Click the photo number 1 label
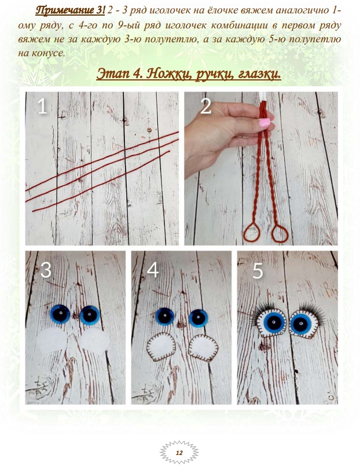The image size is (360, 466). click(x=42, y=107)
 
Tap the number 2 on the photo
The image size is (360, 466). click(x=206, y=106)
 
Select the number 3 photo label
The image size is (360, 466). click(x=46, y=270)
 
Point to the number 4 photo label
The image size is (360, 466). click(x=152, y=270)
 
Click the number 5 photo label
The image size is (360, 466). click(x=258, y=271)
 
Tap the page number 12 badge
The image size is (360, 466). click(x=179, y=453)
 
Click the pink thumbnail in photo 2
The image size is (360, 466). click(x=264, y=123)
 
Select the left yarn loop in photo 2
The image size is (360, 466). click(x=252, y=232)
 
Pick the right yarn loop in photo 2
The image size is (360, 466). click(x=280, y=234)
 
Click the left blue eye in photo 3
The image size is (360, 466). click(x=60, y=314)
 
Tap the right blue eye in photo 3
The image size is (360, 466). click(x=89, y=315)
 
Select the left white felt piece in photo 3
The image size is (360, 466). click(x=52, y=341)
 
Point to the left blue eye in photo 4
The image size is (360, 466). click(x=165, y=317)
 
